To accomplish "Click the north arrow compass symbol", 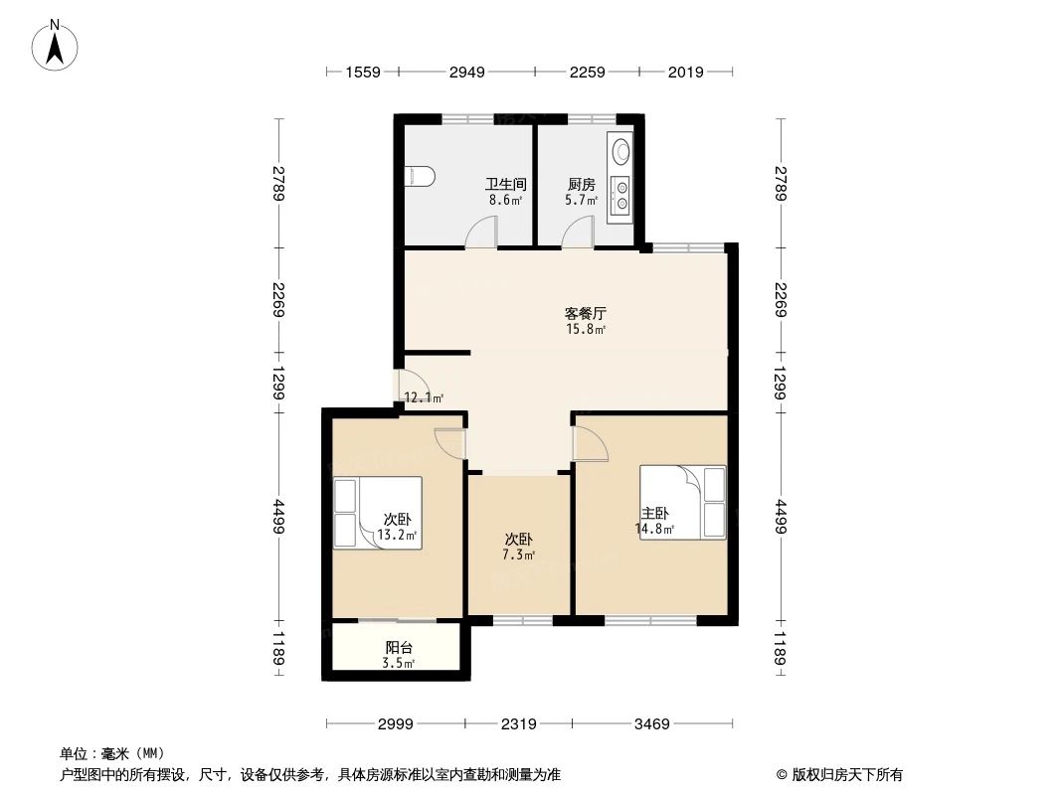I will pyautogui.click(x=58, y=45).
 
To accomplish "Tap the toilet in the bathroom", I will pyautogui.click(x=422, y=177).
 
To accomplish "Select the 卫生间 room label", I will pyautogui.click(x=505, y=184).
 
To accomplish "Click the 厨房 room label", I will pyautogui.click(x=582, y=184).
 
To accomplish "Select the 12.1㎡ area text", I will pyautogui.click(x=424, y=398).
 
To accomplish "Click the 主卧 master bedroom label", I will pyautogui.click(x=655, y=513).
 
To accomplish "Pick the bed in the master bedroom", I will pyautogui.click(x=684, y=502).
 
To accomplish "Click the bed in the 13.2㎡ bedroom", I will pyautogui.click(x=377, y=513).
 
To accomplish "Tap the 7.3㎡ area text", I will pyautogui.click(x=518, y=555).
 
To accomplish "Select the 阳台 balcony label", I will pyautogui.click(x=398, y=647).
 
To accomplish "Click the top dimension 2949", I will pyautogui.click(x=466, y=72).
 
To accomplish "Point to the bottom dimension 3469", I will pyautogui.click(x=651, y=724).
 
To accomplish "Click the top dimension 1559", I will pyautogui.click(x=363, y=72).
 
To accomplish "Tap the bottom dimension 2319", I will pyautogui.click(x=519, y=724).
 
